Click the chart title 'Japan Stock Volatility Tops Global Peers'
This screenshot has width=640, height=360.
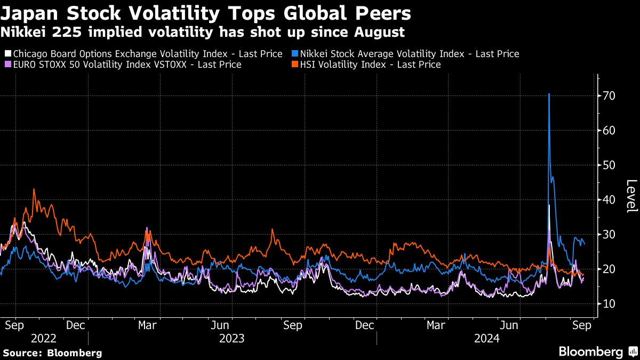tap(205, 13)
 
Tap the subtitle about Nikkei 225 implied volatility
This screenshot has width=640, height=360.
tap(202, 32)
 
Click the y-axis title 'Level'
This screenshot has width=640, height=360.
tap(631, 196)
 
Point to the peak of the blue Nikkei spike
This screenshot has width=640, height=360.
tap(549, 94)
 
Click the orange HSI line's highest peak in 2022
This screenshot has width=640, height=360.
tap(34, 189)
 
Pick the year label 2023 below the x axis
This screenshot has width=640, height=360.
tap(231, 338)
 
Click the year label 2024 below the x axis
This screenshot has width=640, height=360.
tap(486, 338)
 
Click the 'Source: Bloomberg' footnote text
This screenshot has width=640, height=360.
tap(52, 353)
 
